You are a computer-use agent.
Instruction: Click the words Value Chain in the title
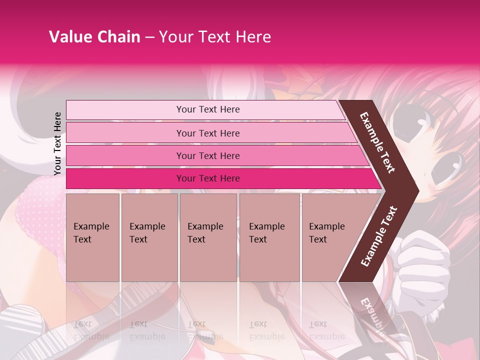click(94, 37)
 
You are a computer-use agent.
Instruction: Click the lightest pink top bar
click(207, 109)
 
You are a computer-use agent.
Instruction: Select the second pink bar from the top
click(207, 133)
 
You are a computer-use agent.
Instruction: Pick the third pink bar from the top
click(207, 155)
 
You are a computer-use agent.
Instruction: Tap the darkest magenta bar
click(207, 178)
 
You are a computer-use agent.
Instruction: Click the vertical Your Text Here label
click(57, 143)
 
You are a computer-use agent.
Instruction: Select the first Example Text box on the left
click(92, 237)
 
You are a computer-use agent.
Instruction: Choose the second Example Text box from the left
click(149, 237)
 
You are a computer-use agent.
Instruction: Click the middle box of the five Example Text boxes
click(208, 237)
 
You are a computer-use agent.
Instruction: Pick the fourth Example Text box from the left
click(269, 237)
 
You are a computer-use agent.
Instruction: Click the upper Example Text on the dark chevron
click(378, 142)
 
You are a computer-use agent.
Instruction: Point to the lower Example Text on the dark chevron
click(379, 236)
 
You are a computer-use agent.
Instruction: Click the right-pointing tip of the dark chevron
click(416, 190)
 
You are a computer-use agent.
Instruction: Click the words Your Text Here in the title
click(215, 37)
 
